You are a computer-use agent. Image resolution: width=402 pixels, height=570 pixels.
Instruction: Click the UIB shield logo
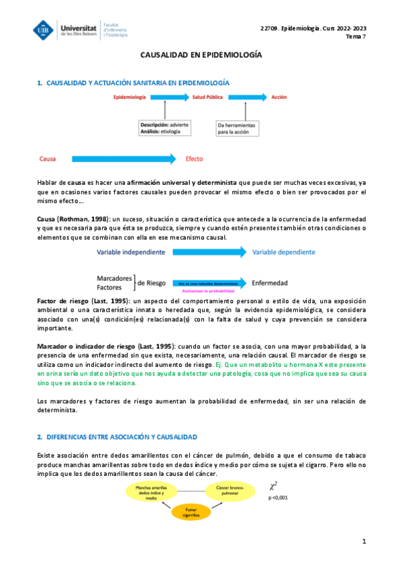[44, 30]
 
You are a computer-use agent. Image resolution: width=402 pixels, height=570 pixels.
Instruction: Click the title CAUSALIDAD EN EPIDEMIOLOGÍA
[201, 58]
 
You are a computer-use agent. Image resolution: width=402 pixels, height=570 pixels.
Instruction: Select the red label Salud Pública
[208, 97]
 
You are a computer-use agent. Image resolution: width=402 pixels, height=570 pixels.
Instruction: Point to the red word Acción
[279, 97]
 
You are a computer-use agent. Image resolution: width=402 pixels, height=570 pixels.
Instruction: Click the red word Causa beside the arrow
[48, 159]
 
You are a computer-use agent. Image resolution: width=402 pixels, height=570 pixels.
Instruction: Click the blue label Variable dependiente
[283, 252]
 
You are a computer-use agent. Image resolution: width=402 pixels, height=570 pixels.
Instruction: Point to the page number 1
[364, 541]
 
